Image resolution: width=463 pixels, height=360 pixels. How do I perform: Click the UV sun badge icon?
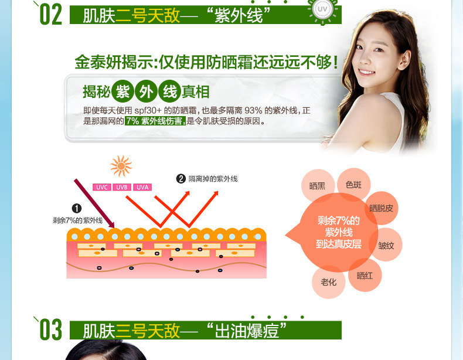point(321,12)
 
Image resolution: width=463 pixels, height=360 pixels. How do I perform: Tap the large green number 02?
point(50,15)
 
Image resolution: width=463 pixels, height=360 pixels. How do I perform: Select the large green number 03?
point(50,330)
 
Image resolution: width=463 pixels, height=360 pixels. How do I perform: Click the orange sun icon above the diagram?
point(121,166)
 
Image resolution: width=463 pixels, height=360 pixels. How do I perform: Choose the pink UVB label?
point(121,187)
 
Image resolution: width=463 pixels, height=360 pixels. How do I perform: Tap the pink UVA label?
point(142,187)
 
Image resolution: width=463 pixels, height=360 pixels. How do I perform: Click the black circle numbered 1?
point(77,209)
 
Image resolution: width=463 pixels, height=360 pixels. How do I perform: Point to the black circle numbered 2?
point(181,178)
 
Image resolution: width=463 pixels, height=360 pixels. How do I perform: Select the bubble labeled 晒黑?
point(318,186)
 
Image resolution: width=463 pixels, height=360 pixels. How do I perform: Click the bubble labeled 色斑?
point(354,185)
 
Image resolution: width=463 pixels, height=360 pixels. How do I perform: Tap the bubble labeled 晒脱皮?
point(382,208)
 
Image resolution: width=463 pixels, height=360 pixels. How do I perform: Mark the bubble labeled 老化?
point(328,282)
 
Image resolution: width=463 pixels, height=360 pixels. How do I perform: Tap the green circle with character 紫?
point(122,91)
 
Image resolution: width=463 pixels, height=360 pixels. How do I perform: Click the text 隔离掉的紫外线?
point(213,178)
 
